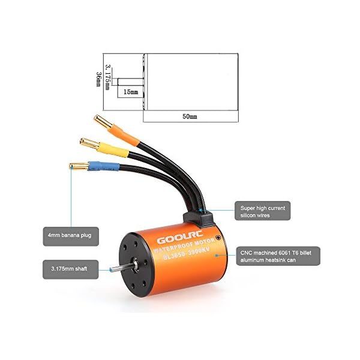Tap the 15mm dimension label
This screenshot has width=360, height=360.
click(131, 92)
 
